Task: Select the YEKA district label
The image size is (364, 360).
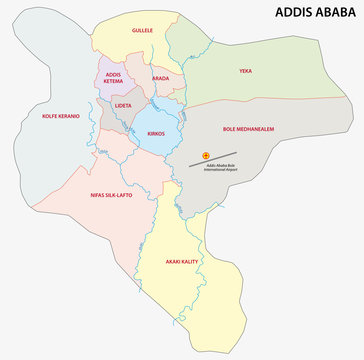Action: click(x=246, y=71)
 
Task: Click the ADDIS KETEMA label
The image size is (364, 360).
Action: click(x=113, y=78)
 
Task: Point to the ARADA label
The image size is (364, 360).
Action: click(x=160, y=77)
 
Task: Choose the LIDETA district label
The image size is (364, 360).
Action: click(x=123, y=104)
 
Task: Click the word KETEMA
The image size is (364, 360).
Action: click(x=113, y=82)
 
